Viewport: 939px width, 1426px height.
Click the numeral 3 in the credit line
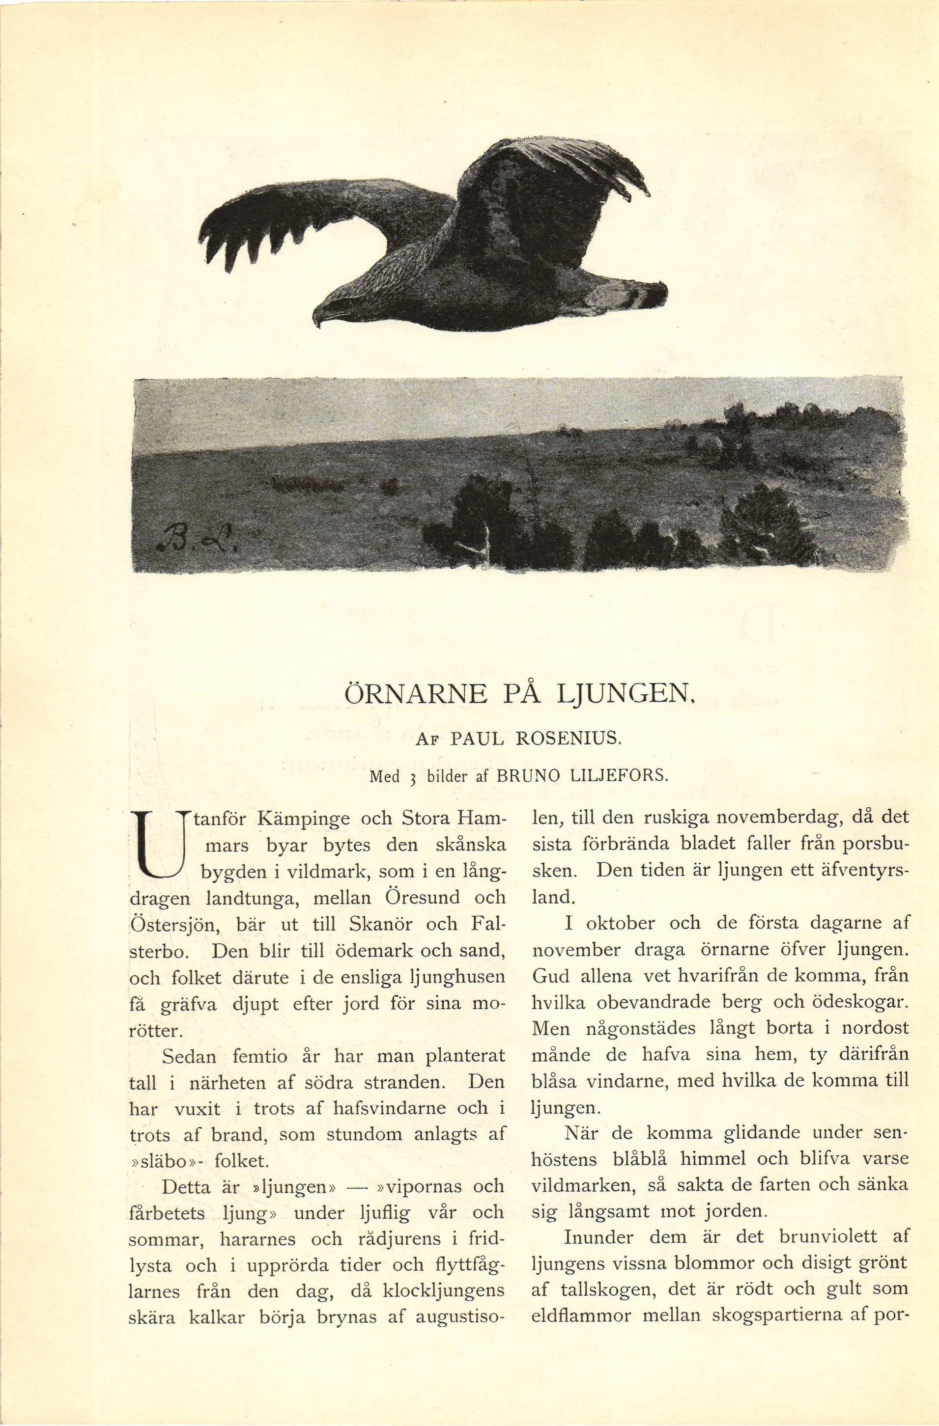[413, 777]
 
